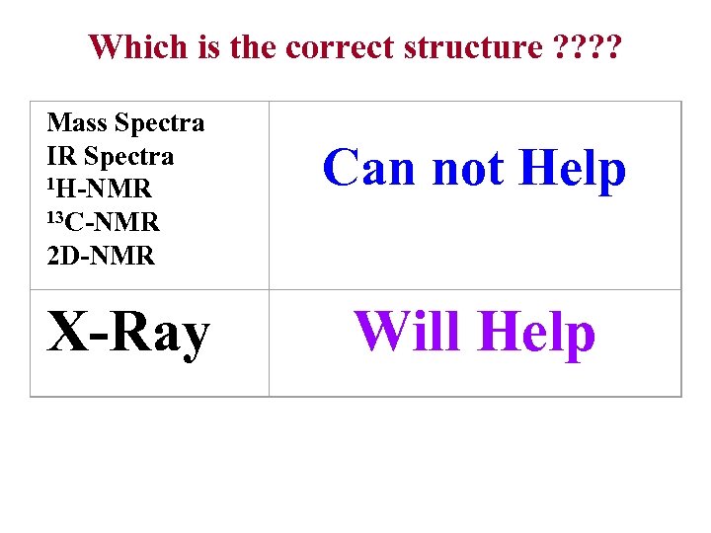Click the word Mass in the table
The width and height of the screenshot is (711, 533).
pyautogui.click(x=78, y=123)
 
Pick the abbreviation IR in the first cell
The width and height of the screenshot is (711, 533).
pyautogui.click(x=62, y=157)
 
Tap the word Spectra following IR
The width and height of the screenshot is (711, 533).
pyautogui.click(x=129, y=157)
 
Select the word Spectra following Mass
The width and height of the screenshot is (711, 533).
pyautogui.click(x=160, y=123)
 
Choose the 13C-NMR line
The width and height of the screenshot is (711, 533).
pyautogui.click(x=104, y=222)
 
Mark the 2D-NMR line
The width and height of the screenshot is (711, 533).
pyautogui.click(x=101, y=256)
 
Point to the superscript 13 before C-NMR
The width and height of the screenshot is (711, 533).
pyautogui.click(x=56, y=216)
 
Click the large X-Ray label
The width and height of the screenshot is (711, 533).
pyautogui.click(x=128, y=333)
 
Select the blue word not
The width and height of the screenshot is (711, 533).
pyautogui.click(x=467, y=168)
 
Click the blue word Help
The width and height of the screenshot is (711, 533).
pyautogui.click(x=573, y=170)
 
